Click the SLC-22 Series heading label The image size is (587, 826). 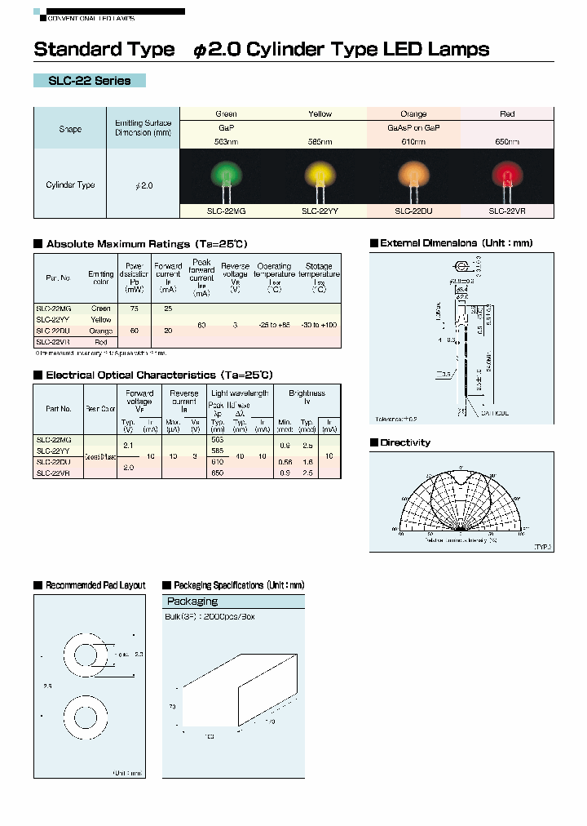point(90,81)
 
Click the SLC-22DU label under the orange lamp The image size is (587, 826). point(413,210)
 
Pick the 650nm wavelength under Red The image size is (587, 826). point(507,141)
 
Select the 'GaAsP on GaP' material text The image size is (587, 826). point(413,128)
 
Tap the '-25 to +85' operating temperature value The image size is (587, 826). point(275,325)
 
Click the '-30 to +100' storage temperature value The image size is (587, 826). point(319,325)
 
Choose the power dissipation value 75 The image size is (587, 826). point(134,309)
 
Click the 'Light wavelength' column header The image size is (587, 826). point(240,393)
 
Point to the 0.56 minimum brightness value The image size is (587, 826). point(284,461)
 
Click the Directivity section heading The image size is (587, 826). point(405,442)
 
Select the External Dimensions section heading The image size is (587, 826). point(456,243)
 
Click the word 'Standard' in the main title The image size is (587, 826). point(68,49)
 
